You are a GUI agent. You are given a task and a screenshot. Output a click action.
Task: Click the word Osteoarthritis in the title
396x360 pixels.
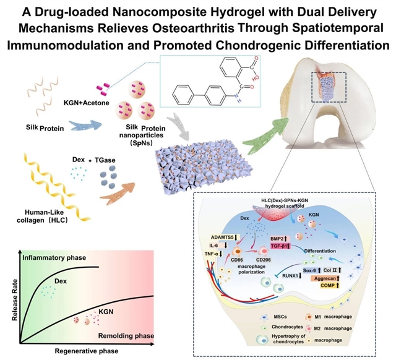coord(175,30)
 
